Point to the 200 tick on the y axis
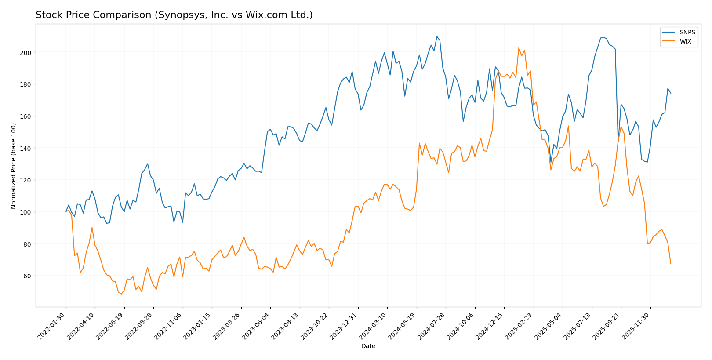click(28, 52)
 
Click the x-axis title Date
click(368, 346)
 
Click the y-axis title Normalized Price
click(14, 166)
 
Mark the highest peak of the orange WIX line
click(519, 48)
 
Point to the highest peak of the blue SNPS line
click(437, 36)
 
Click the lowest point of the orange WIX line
click(121, 294)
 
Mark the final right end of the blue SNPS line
click(671, 93)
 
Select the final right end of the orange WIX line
click(671, 264)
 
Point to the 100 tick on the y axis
click(28, 212)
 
